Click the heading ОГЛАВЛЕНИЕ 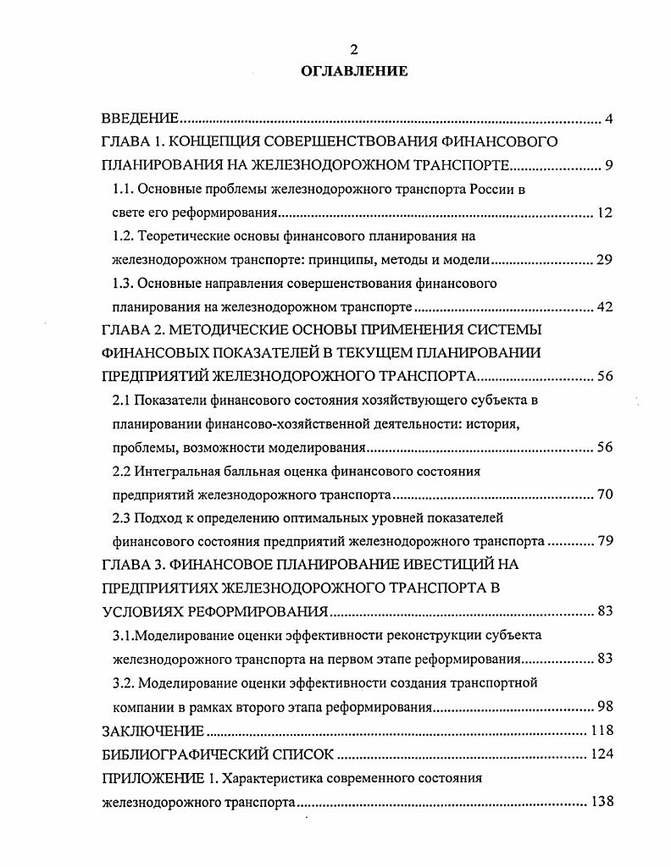click(354, 71)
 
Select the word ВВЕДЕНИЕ click(139, 118)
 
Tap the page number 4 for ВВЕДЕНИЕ click(608, 118)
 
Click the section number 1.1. click(123, 190)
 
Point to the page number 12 click(604, 213)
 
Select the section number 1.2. click(123, 236)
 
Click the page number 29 click(604, 260)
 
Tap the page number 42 click(604, 306)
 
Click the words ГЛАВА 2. click(130, 329)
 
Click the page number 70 click(604, 494)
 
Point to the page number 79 click(604, 541)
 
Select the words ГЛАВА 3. click(130, 564)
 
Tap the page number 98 click(604, 706)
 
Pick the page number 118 click(601, 730)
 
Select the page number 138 click(601, 801)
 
